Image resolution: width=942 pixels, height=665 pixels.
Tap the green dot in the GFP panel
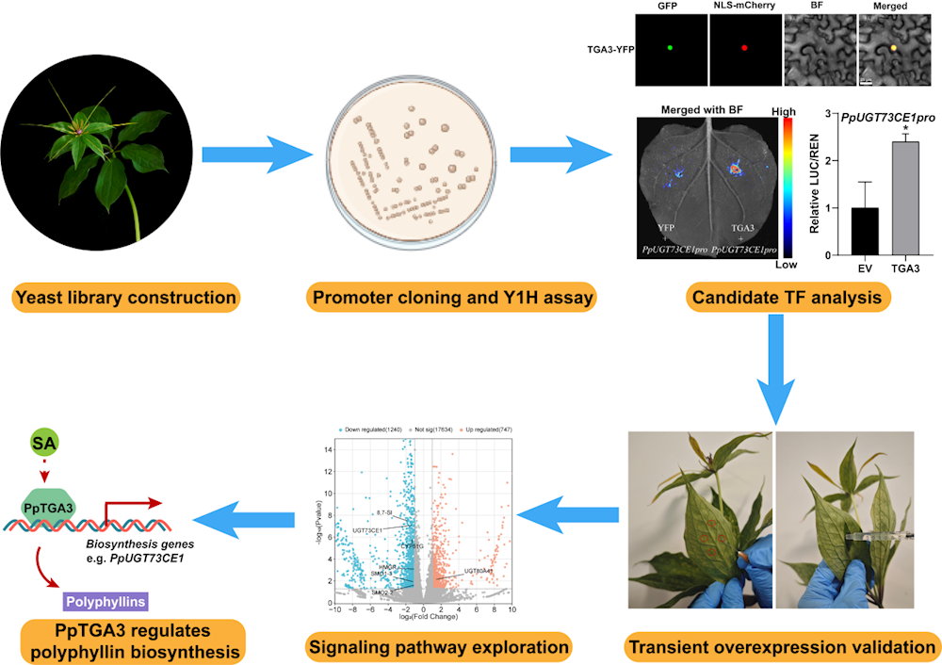670,46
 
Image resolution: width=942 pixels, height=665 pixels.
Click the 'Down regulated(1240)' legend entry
373,430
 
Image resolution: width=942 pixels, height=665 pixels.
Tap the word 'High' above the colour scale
783,111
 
